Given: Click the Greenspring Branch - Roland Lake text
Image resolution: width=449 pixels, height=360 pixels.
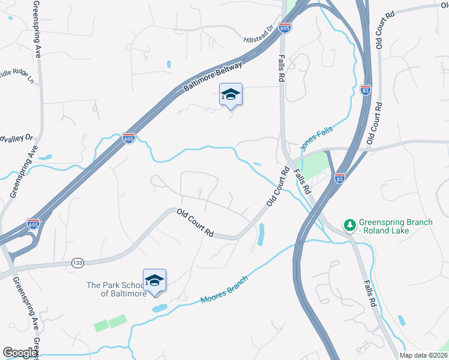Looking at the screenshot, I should pyautogui.click(x=395, y=226).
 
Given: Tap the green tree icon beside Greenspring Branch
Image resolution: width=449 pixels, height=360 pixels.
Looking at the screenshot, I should pyautogui.click(x=349, y=225).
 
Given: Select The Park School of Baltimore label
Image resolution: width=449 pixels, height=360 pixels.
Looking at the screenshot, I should pyautogui.click(x=115, y=289).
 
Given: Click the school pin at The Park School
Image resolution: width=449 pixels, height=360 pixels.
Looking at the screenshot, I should pyautogui.click(x=154, y=280).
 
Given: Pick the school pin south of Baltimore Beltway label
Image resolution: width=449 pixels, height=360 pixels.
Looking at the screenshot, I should pyautogui.click(x=231, y=94).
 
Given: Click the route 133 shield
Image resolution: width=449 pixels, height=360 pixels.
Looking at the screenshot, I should pyautogui.click(x=77, y=263).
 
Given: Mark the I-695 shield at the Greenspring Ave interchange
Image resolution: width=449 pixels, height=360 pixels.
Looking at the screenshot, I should pyautogui.click(x=34, y=224).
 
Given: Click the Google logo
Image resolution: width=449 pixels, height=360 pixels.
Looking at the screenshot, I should pyautogui.click(x=19, y=353).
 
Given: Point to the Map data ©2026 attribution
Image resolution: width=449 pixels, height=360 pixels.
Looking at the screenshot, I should pyautogui.click(x=423, y=355).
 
